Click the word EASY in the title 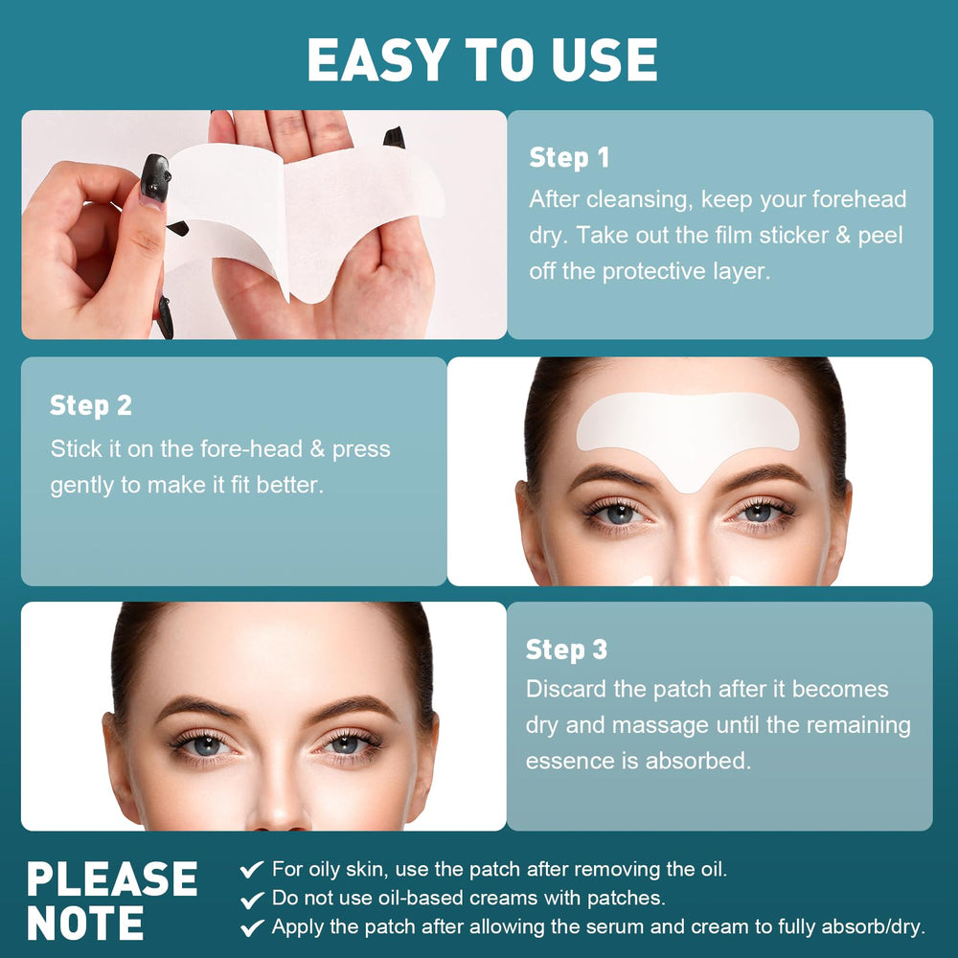378,59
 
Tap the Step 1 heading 569,158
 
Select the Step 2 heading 90,405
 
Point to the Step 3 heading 566,650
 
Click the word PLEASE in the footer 112,878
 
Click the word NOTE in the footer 85,923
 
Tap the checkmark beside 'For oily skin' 252,869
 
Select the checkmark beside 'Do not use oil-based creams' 252,899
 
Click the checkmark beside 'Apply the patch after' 252,927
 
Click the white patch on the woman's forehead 687,431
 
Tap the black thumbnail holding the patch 154,178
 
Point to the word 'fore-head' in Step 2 251,449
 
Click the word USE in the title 604,59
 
